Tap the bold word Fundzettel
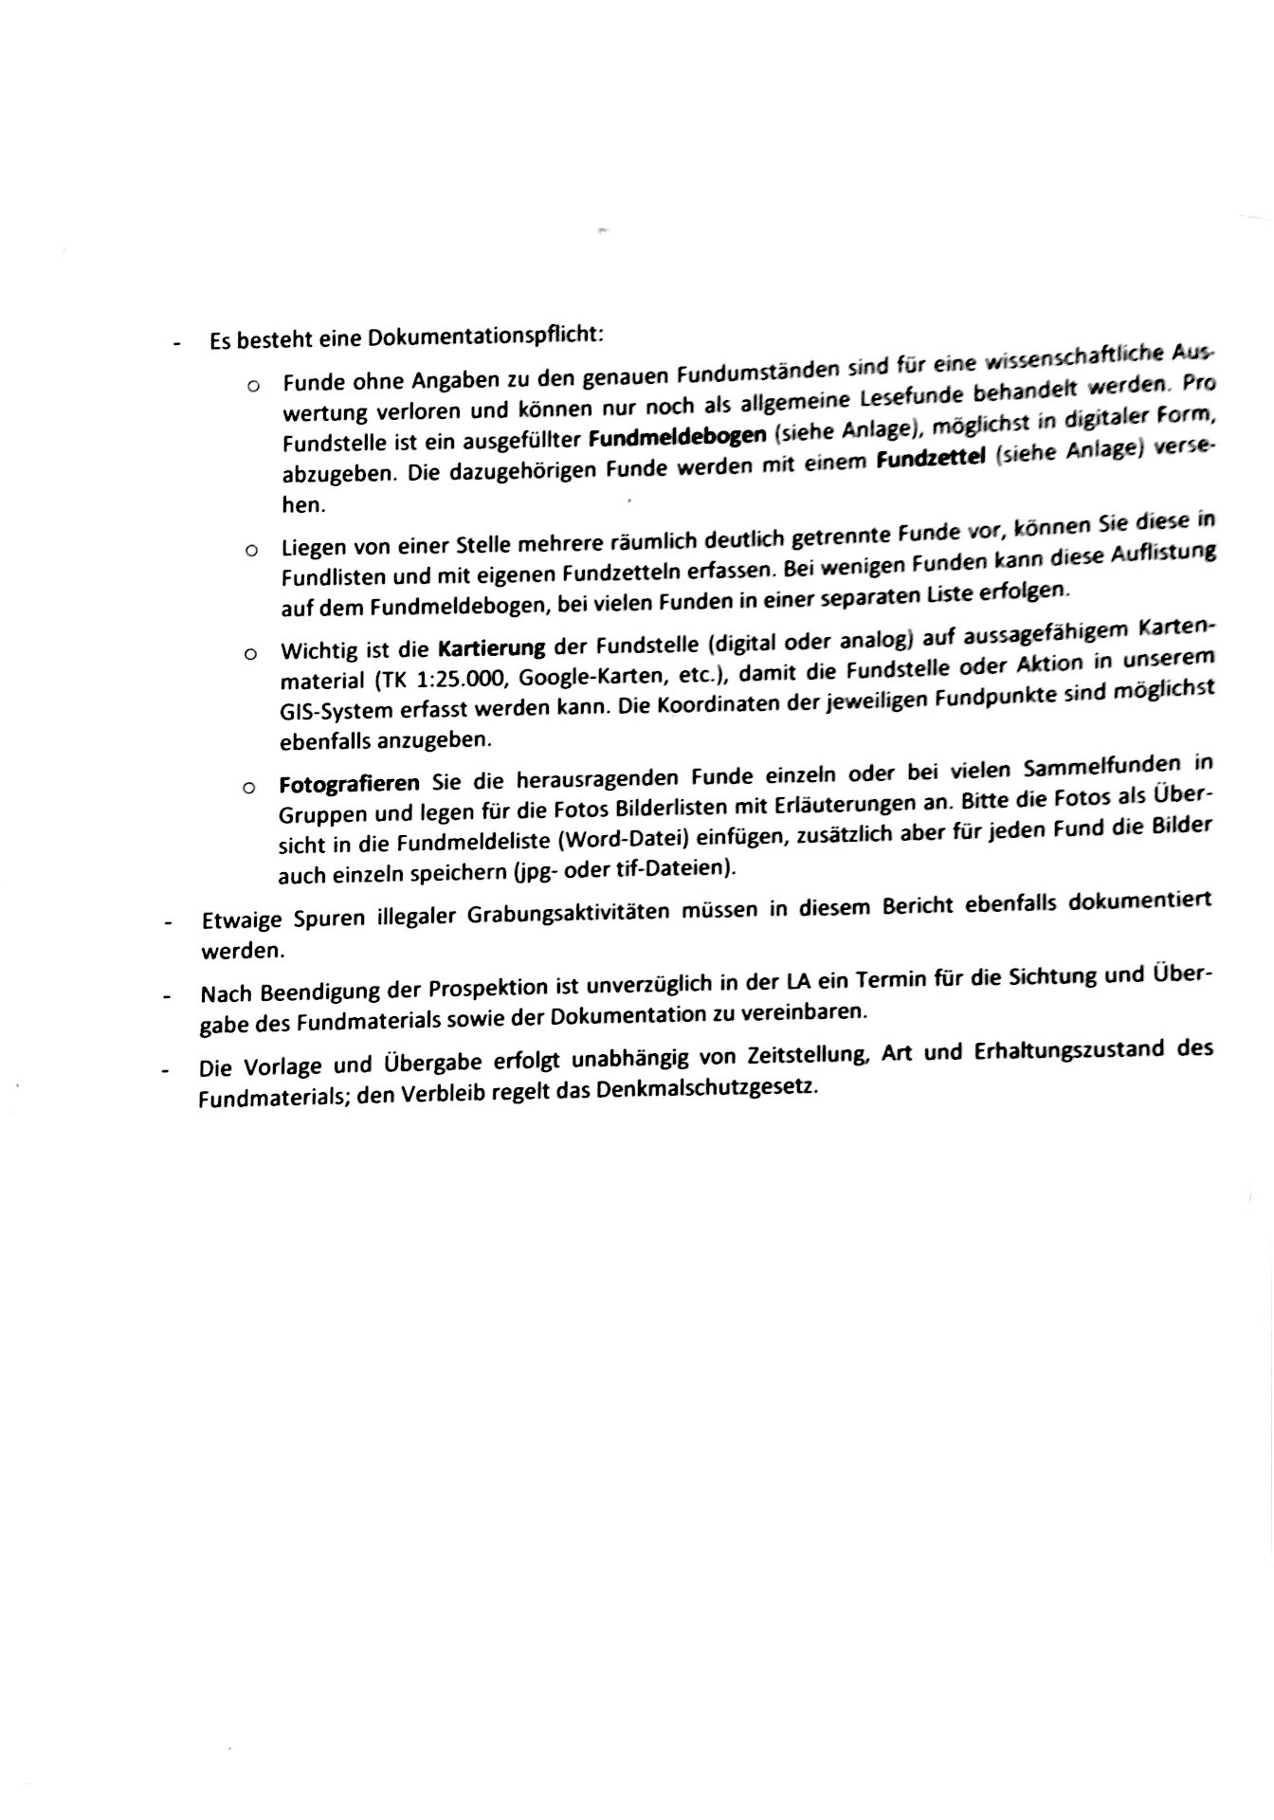[935, 461]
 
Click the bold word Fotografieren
[349, 784]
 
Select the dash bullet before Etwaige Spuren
[168, 921]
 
